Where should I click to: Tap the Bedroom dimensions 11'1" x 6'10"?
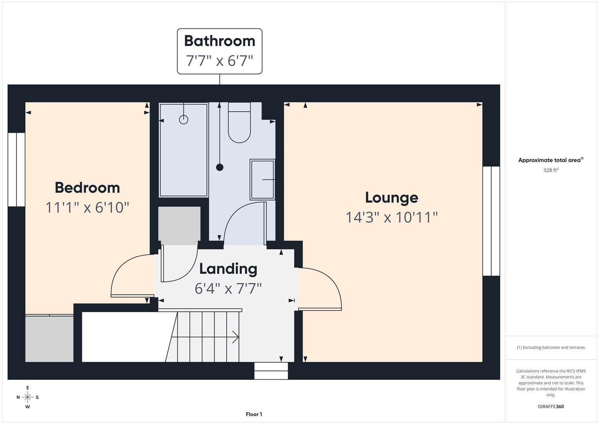pyautogui.click(x=87, y=207)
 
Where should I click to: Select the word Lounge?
pyautogui.click(x=391, y=197)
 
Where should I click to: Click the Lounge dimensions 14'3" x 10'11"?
pyautogui.click(x=391, y=217)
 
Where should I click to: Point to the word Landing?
pyautogui.click(x=228, y=269)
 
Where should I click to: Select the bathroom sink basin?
pyautogui.click(x=262, y=179)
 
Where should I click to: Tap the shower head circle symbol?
pyautogui.click(x=184, y=119)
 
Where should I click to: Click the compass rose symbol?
pyautogui.click(x=27, y=397)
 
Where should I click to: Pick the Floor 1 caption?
pyautogui.click(x=254, y=414)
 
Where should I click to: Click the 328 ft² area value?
pyautogui.click(x=550, y=170)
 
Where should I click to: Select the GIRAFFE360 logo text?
pyautogui.click(x=550, y=406)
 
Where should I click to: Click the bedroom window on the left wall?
pyautogui.click(x=16, y=170)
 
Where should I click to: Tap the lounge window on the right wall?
pyautogui.click(x=491, y=221)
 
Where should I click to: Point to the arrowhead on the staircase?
pyautogui.click(x=235, y=337)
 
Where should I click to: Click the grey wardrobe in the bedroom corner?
pyautogui.click(x=49, y=338)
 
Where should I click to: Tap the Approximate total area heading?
pyautogui.click(x=550, y=160)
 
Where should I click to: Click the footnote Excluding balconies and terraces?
pyautogui.click(x=550, y=347)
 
